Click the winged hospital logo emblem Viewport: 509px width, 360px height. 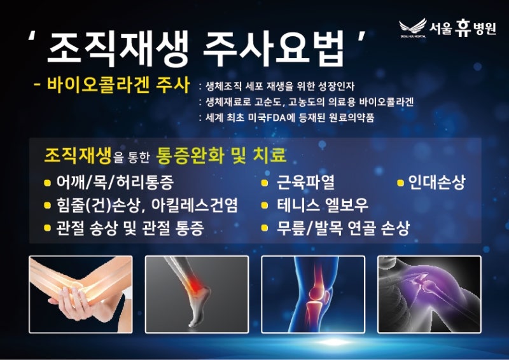(x=413, y=27)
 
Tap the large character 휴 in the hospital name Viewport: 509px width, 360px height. (x=463, y=28)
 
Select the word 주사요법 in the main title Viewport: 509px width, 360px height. (x=274, y=48)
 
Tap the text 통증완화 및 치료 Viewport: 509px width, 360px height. (x=221, y=155)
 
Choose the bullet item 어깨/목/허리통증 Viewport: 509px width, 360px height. (x=115, y=183)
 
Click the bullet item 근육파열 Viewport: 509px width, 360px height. (x=305, y=183)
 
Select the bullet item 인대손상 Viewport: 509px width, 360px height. (x=436, y=183)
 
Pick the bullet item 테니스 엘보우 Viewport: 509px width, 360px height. (x=323, y=205)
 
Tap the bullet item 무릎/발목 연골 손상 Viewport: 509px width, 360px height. (x=343, y=228)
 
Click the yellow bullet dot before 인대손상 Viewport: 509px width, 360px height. (x=401, y=183)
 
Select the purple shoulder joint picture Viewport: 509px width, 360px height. (x=429, y=294)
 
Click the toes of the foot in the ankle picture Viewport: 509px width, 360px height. (x=193, y=322)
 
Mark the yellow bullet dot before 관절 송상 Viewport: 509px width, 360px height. (x=47, y=228)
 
